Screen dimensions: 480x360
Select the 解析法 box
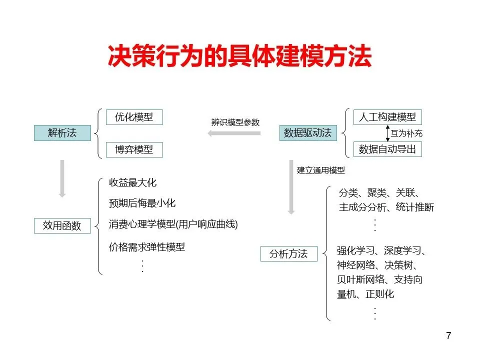[x=62, y=133]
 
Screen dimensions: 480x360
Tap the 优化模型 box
[x=134, y=117]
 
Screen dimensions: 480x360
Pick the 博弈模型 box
[x=134, y=149]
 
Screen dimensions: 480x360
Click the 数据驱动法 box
[x=307, y=133]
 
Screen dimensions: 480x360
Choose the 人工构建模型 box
[x=387, y=117]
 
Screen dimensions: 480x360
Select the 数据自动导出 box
[x=387, y=149]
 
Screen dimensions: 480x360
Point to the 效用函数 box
[x=62, y=225]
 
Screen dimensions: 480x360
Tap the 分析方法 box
[x=288, y=253]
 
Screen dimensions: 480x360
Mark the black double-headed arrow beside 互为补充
[x=387, y=133]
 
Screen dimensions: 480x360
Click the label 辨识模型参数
[x=235, y=122]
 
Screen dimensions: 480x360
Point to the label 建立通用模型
[x=320, y=170]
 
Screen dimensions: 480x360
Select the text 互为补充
[x=406, y=133]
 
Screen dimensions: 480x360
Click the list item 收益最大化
[x=132, y=183]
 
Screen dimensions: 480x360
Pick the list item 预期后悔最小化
[x=142, y=203]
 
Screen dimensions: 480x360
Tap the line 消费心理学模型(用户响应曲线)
[x=173, y=224]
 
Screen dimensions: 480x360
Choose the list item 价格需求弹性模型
[x=147, y=247]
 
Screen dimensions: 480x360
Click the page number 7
[x=448, y=335]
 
